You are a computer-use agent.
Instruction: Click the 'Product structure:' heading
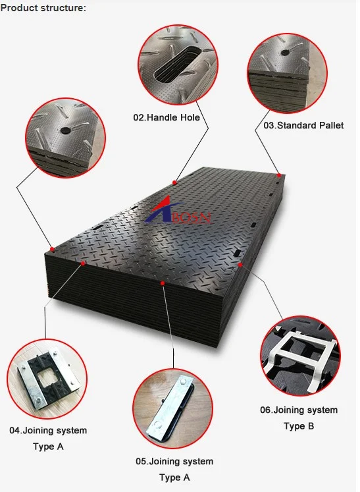pos(43,8)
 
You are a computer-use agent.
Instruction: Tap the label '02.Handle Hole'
pos(167,118)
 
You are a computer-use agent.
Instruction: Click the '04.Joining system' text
pos(47,431)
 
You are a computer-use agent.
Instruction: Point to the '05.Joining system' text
pos(174,462)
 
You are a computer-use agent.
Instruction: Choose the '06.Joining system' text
pos(299,410)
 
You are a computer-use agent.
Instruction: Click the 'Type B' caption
pos(299,426)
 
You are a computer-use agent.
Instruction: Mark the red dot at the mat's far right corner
pos(279,175)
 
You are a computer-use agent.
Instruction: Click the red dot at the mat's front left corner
pos(52,249)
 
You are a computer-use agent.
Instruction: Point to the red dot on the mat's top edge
pos(174,182)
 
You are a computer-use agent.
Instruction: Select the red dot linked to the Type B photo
pos(241,265)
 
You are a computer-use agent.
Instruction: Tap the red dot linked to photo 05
pos(163,283)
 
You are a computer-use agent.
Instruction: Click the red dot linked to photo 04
pos(84,263)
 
